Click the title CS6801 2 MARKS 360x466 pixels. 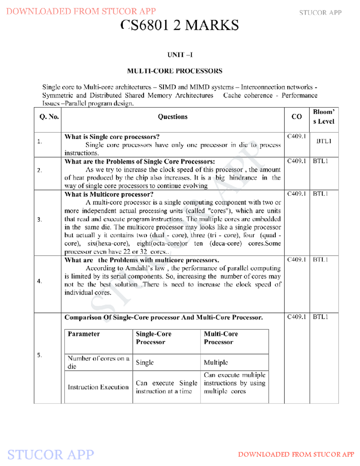[179, 25]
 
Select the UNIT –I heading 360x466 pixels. [180, 55]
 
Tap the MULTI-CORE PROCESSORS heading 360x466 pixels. [175, 71]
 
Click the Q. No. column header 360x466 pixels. [49, 117]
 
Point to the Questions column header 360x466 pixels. [172, 117]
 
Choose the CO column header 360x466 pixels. [296, 117]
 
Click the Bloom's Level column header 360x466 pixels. [324, 117]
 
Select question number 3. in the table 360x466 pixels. [40, 220]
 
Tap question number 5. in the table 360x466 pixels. [40, 355]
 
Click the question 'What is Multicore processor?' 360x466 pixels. [109, 194]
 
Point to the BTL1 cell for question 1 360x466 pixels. [324, 141]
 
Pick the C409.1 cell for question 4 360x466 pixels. [296, 260]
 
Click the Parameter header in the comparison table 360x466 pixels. [84, 334]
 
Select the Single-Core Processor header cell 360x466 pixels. [153, 338]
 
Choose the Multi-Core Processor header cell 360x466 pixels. [221, 338]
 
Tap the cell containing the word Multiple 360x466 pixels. [216, 362]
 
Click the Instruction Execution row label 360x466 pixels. [98, 387]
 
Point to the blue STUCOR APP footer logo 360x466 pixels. [50, 455]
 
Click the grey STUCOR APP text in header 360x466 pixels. [320, 13]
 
